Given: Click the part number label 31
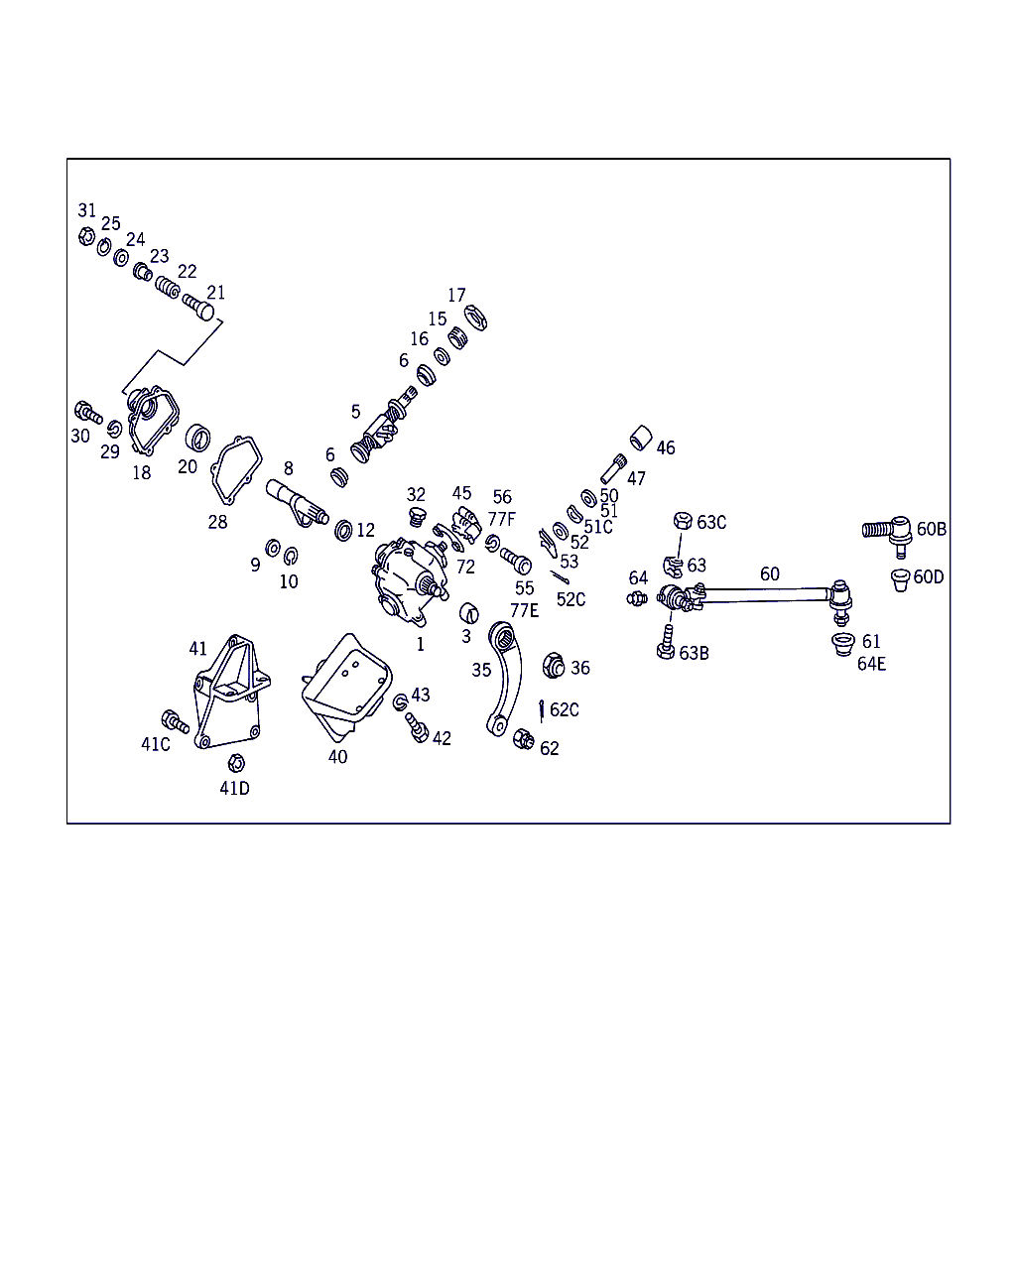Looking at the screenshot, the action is [x=86, y=210].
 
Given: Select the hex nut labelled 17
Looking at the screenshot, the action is [x=475, y=317].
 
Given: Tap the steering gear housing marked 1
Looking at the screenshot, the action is [x=409, y=581].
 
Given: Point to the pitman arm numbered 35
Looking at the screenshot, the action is [x=505, y=678].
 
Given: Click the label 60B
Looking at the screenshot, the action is [x=931, y=529].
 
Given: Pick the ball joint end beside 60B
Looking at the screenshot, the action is [x=888, y=534].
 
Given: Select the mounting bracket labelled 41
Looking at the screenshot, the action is [x=231, y=693].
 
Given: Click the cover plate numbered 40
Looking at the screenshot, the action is [x=346, y=687].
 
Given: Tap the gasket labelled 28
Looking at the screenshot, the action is [x=236, y=470].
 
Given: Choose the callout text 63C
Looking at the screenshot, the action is [x=711, y=522].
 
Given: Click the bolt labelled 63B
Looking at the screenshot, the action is [x=667, y=643].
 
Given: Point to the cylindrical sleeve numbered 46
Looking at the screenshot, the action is [x=641, y=438].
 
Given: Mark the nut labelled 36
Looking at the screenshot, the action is [x=554, y=666].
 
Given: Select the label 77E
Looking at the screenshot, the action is [x=524, y=610].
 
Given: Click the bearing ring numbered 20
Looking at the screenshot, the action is [x=197, y=438].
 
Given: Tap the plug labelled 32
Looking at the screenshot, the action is [x=418, y=517].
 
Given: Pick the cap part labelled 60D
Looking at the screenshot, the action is [x=900, y=579].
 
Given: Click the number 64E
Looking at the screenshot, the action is [x=871, y=664].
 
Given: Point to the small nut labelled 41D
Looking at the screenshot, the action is [x=236, y=763].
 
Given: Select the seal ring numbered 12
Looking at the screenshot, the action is [x=343, y=531].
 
